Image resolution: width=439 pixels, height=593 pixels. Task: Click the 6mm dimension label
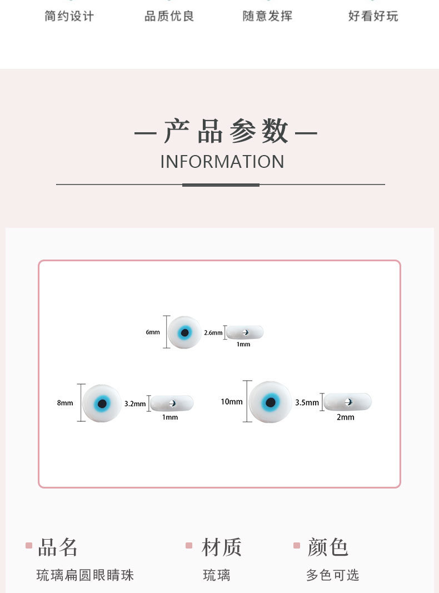point(153,332)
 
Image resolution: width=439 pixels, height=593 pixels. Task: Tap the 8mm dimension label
point(65,403)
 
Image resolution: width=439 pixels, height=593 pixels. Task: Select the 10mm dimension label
point(232,402)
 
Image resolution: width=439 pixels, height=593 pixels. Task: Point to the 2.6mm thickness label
point(213,333)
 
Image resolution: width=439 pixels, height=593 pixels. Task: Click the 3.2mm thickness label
point(135,404)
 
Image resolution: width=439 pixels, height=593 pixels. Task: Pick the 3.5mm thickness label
point(307,402)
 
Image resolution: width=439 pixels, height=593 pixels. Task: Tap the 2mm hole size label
point(345,417)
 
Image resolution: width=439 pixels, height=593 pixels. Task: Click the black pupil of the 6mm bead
point(185,333)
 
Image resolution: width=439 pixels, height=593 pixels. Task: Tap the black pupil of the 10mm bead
point(271,402)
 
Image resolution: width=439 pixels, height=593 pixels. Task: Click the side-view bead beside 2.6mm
point(245,332)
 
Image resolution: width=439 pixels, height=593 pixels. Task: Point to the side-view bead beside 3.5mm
point(348,401)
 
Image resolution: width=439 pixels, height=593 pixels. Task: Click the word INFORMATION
point(222,162)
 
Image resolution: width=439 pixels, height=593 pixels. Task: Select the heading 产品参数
point(226,132)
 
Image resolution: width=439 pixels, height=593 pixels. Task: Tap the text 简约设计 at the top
point(69,16)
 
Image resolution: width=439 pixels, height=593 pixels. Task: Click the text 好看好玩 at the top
point(373,16)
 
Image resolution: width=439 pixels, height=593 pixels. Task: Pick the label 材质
point(222,547)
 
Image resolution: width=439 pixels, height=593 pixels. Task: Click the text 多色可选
point(332,575)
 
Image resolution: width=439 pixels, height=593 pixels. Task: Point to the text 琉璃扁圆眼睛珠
point(85,575)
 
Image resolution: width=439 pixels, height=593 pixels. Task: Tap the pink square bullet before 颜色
point(297,546)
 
